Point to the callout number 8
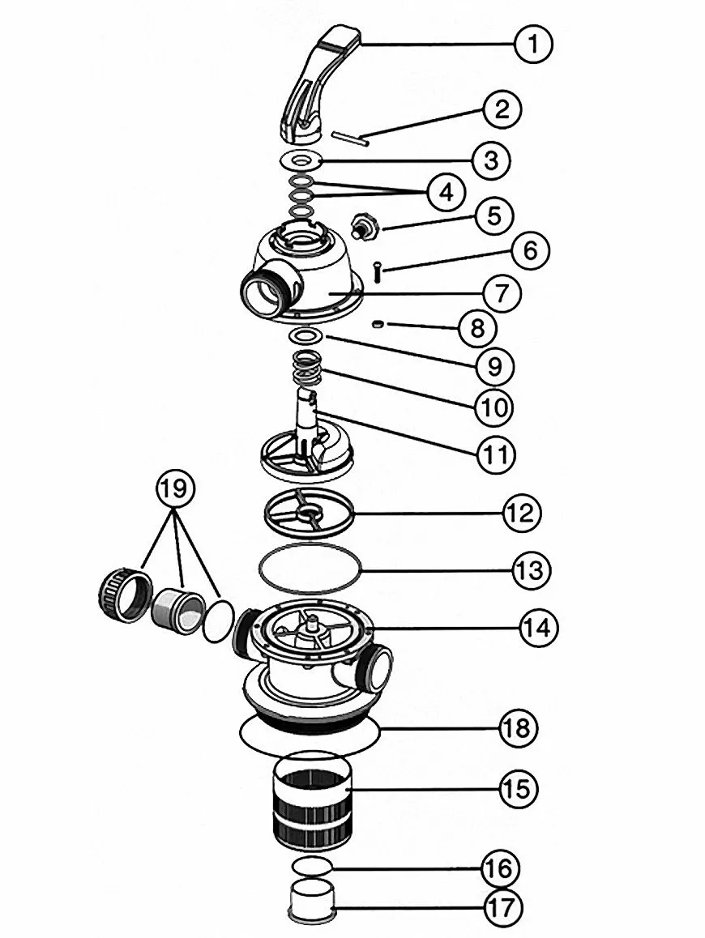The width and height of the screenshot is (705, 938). (x=477, y=328)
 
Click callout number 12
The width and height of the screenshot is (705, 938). (x=523, y=513)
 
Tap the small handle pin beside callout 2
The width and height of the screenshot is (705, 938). (x=350, y=139)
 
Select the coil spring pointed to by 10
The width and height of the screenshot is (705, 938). (x=305, y=369)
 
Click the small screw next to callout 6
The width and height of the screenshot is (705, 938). (x=377, y=272)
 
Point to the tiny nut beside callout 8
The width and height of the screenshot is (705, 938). (x=377, y=324)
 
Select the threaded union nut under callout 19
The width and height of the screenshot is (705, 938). (x=123, y=595)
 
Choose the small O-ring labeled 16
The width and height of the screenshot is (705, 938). (x=311, y=864)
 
